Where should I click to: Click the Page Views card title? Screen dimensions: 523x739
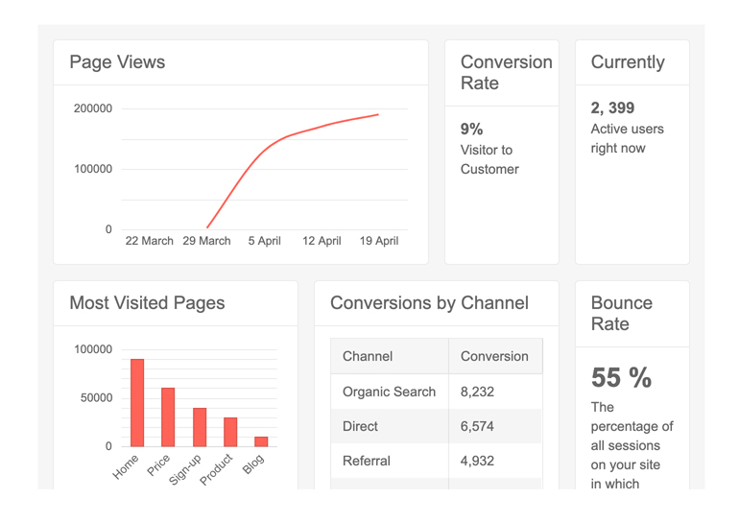pyautogui.click(x=117, y=62)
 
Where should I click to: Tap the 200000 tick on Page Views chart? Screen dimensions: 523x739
pyautogui.click(x=93, y=108)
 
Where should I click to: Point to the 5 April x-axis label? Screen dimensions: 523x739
pyautogui.click(x=264, y=241)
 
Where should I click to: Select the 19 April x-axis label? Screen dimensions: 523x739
pyautogui.click(x=379, y=241)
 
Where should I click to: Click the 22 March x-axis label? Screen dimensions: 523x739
pyautogui.click(x=150, y=241)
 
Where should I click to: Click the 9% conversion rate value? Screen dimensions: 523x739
pyautogui.click(x=472, y=129)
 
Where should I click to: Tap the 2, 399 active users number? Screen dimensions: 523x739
pyautogui.click(x=613, y=107)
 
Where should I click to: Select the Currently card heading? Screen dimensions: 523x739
pyautogui.click(x=628, y=62)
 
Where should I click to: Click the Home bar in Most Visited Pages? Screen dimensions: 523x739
pyautogui.click(x=137, y=402)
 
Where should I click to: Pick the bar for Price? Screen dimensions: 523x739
pyautogui.click(x=168, y=416)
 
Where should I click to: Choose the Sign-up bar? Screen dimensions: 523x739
pyautogui.click(x=200, y=427)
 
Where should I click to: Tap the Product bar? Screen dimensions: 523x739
pyautogui.click(x=230, y=432)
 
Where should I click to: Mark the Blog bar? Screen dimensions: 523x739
pyautogui.click(x=261, y=441)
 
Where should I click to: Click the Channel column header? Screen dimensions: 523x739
pyautogui.click(x=368, y=356)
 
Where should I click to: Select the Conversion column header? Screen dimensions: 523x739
pyautogui.click(x=494, y=356)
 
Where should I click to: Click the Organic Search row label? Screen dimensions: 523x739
pyautogui.click(x=389, y=392)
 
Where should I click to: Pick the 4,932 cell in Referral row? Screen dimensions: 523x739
pyautogui.click(x=477, y=461)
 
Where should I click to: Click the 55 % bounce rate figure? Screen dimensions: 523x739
pyautogui.click(x=621, y=378)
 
